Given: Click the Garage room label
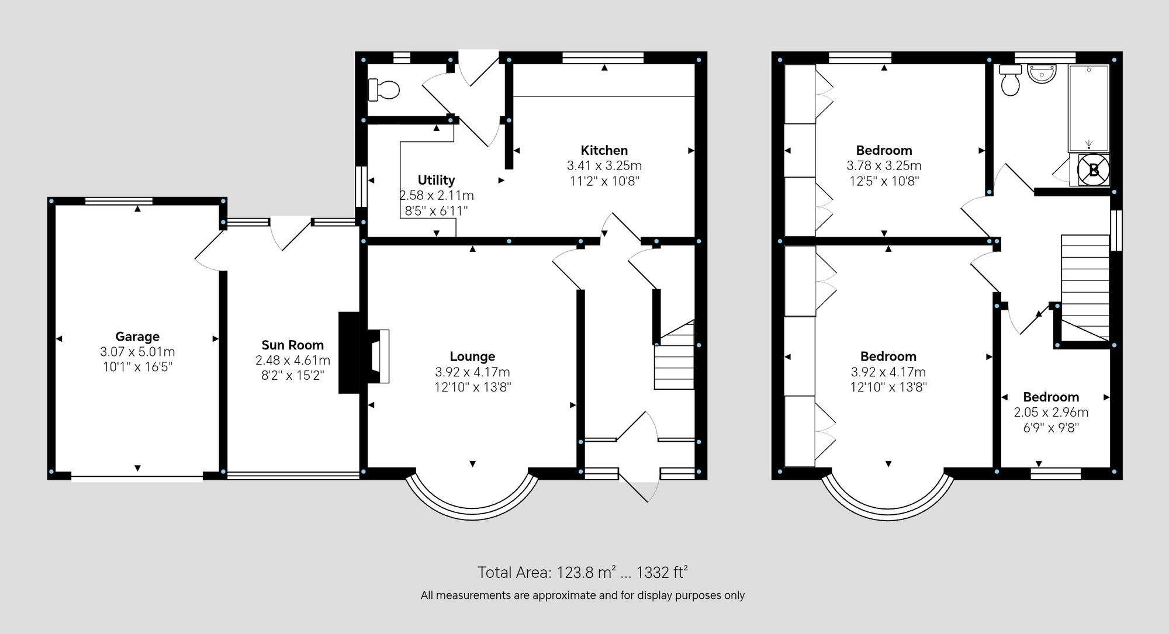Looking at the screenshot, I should tap(137, 337).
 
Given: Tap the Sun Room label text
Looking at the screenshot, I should tap(292, 345).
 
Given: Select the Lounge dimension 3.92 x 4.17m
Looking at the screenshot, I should tap(472, 372).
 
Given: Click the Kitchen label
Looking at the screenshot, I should tap(604, 150).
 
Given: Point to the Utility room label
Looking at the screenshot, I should tap(436, 180).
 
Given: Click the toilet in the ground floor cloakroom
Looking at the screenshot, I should tap(384, 90).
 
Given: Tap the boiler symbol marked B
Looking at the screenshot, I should tap(1093, 170).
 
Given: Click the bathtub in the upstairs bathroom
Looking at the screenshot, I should tap(1088, 108).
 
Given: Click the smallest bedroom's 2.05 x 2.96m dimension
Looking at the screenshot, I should tap(1050, 413).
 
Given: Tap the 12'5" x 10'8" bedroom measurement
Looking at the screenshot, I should tap(884, 181).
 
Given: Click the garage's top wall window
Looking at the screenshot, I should tap(119, 201).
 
